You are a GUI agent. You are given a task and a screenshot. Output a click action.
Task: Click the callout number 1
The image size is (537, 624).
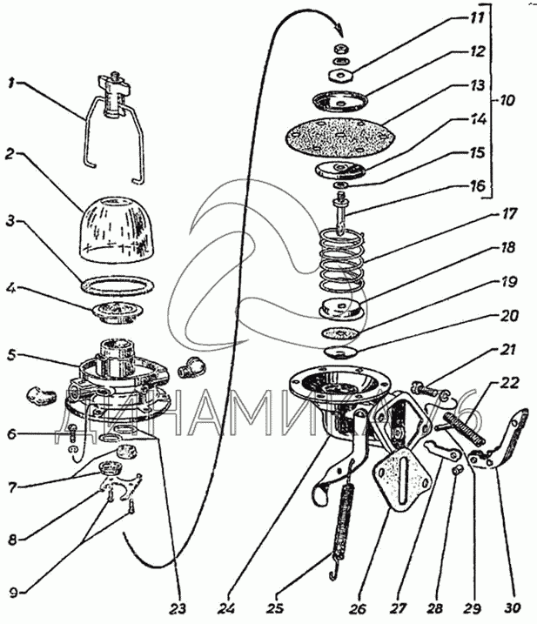[10, 84]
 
